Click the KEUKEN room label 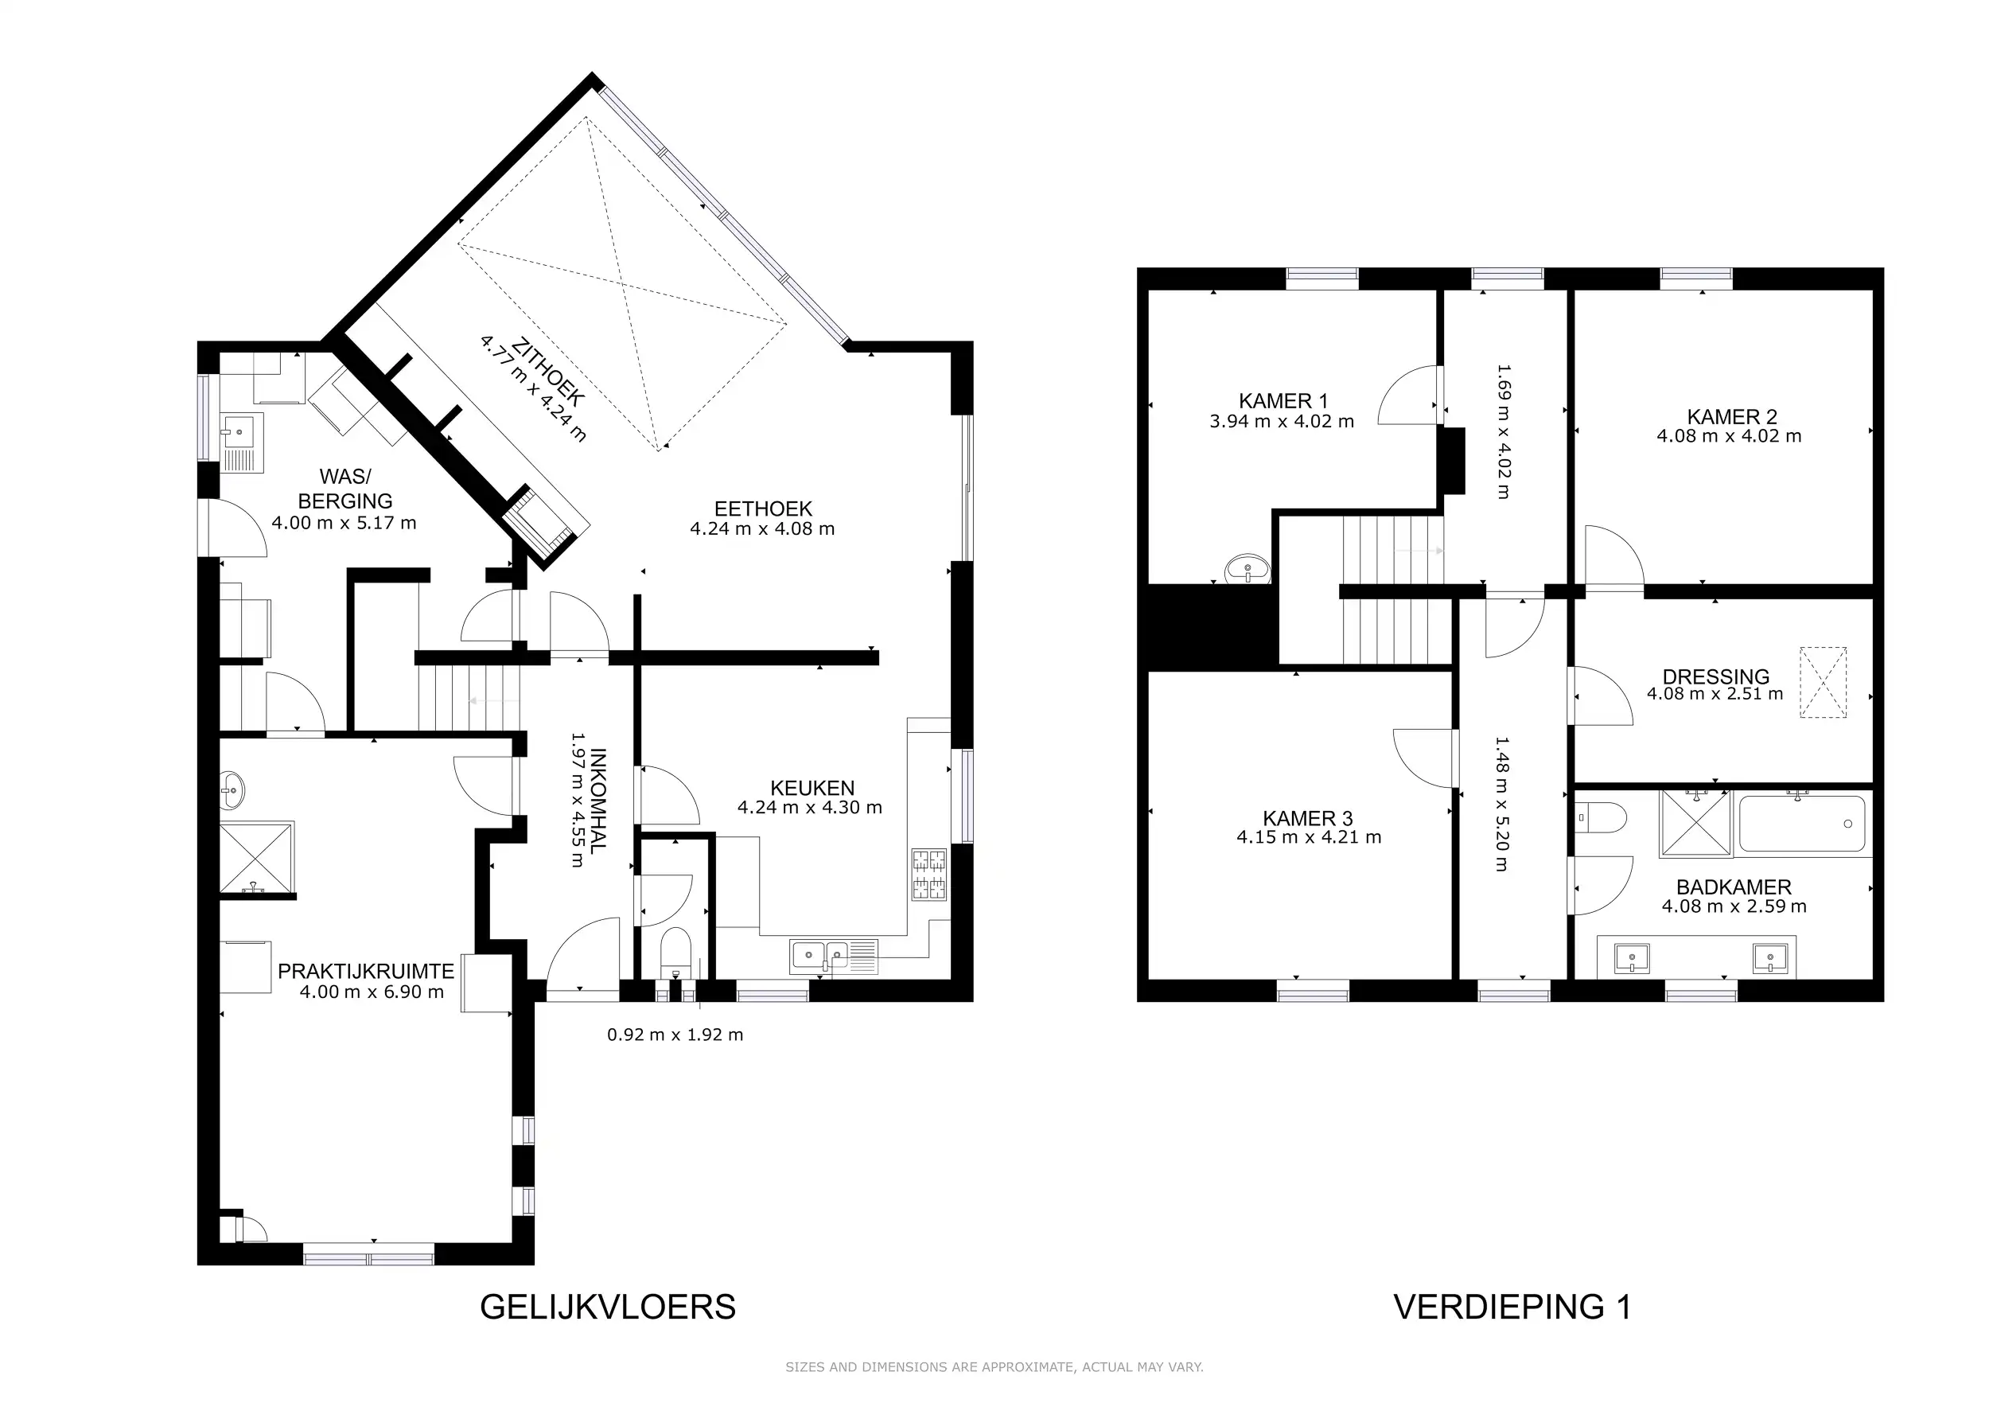coord(812,789)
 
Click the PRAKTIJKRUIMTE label coord(365,971)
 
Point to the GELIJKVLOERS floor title coord(608,1307)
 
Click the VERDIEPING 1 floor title coord(1512,1307)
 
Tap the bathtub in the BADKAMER coord(1801,824)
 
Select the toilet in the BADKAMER coord(1602,817)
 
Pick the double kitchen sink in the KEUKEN coord(819,956)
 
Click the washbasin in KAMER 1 coord(1247,569)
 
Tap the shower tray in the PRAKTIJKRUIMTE coord(256,858)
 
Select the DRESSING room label coord(1716,676)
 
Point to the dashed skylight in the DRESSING coord(1824,683)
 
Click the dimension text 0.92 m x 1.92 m coord(675,1035)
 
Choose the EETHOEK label coord(763,509)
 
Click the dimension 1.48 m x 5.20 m coord(1501,804)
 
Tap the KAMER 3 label coord(1308,819)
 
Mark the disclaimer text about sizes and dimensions coord(994,1367)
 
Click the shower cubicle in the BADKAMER coord(1696,824)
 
